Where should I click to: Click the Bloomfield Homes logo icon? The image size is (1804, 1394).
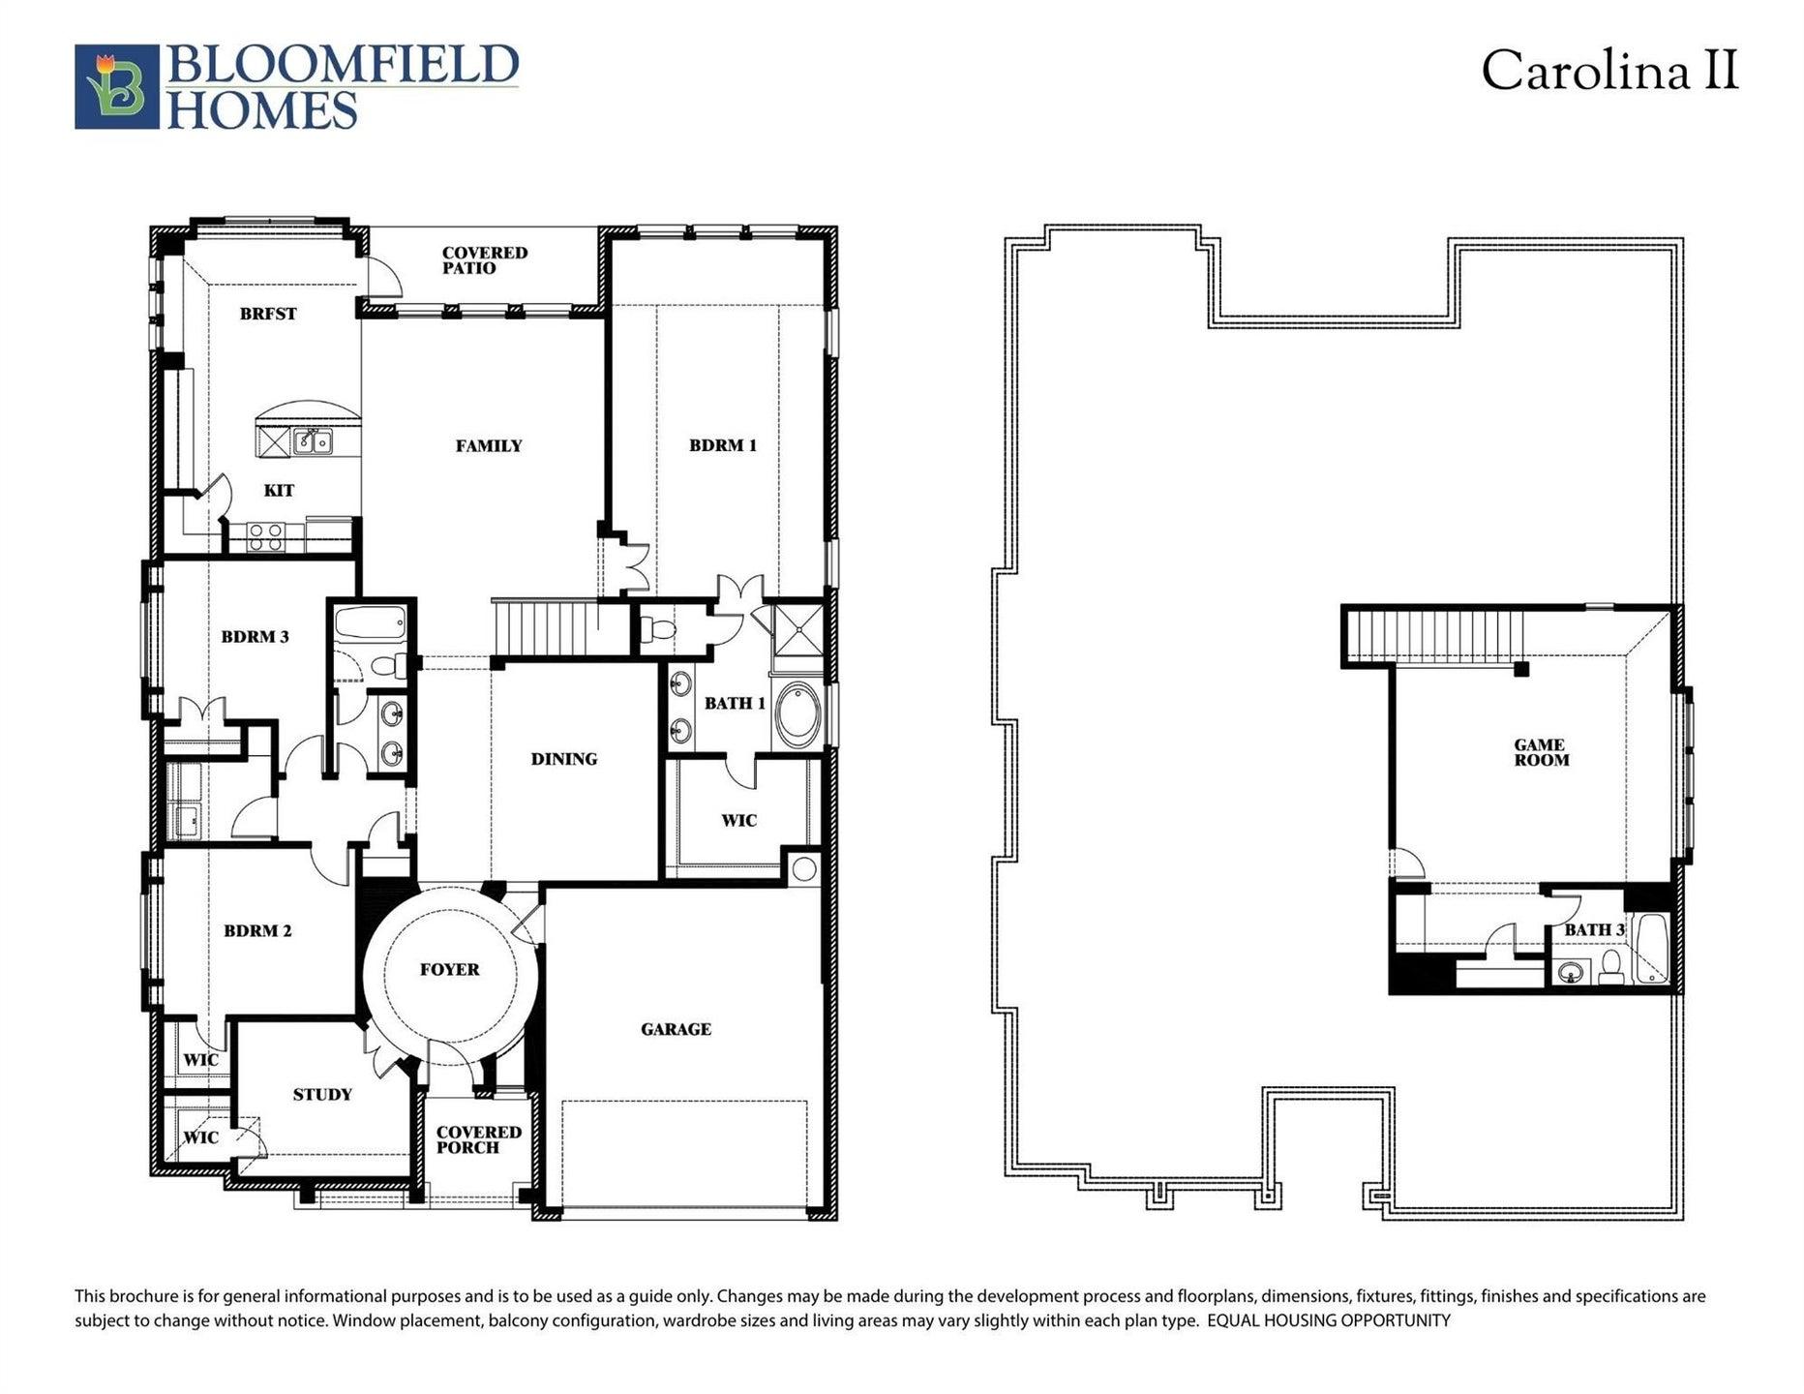[117, 86]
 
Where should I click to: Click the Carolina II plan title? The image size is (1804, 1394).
[1609, 71]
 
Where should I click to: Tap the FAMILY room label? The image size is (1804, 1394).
[489, 446]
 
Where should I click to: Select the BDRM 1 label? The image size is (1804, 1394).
[723, 445]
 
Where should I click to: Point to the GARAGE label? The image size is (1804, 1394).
[676, 1029]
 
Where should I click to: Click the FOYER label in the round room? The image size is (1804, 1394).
[450, 969]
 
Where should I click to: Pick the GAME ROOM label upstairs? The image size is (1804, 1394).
[1540, 752]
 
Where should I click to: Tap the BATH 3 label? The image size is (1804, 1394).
[1595, 929]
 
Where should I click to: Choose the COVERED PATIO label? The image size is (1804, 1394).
[485, 260]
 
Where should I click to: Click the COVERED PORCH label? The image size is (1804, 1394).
[479, 1139]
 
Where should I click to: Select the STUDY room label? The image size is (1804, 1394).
[322, 1094]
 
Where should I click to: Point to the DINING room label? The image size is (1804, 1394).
[564, 759]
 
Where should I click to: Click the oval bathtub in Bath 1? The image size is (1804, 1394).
[797, 715]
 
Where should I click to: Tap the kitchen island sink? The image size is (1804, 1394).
[314, 441]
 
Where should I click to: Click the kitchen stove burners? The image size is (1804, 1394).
[265, 536]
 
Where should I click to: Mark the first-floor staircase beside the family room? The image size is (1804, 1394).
[545, 628]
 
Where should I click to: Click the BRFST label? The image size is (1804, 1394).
[268, 314]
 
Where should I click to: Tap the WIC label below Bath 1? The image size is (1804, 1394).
[738, 821]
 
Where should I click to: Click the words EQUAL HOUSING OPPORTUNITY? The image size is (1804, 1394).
[1329, 1320]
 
